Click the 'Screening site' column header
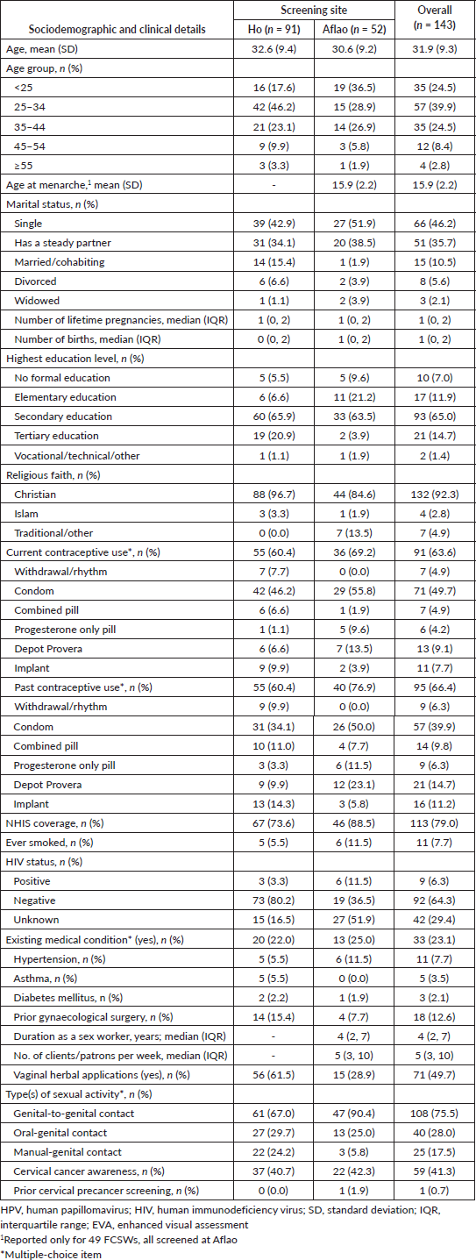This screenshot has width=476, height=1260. coord(314,11)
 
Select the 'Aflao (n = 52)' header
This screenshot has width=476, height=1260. coord(354,29)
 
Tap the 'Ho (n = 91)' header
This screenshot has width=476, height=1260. coord(274,29)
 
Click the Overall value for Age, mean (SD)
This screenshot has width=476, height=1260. coord(435,49)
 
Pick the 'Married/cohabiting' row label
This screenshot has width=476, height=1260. coord(59,262)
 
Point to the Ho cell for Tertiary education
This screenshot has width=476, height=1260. coord(274,436)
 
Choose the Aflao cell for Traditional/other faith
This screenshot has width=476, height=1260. coord(354,533)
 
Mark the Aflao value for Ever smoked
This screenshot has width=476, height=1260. coord(354,843)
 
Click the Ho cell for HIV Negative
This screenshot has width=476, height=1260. coord(274,901)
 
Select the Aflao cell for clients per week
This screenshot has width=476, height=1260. coord(354,1056)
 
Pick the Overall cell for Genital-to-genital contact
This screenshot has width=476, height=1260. coord(435,1114)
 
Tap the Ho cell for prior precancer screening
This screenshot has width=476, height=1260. coord(274,1191)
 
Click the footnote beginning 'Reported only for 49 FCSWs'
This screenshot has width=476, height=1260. coord(118,1239)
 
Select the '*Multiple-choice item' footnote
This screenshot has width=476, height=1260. coord(51,1254)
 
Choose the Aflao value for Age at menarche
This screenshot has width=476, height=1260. coord(354,185)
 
